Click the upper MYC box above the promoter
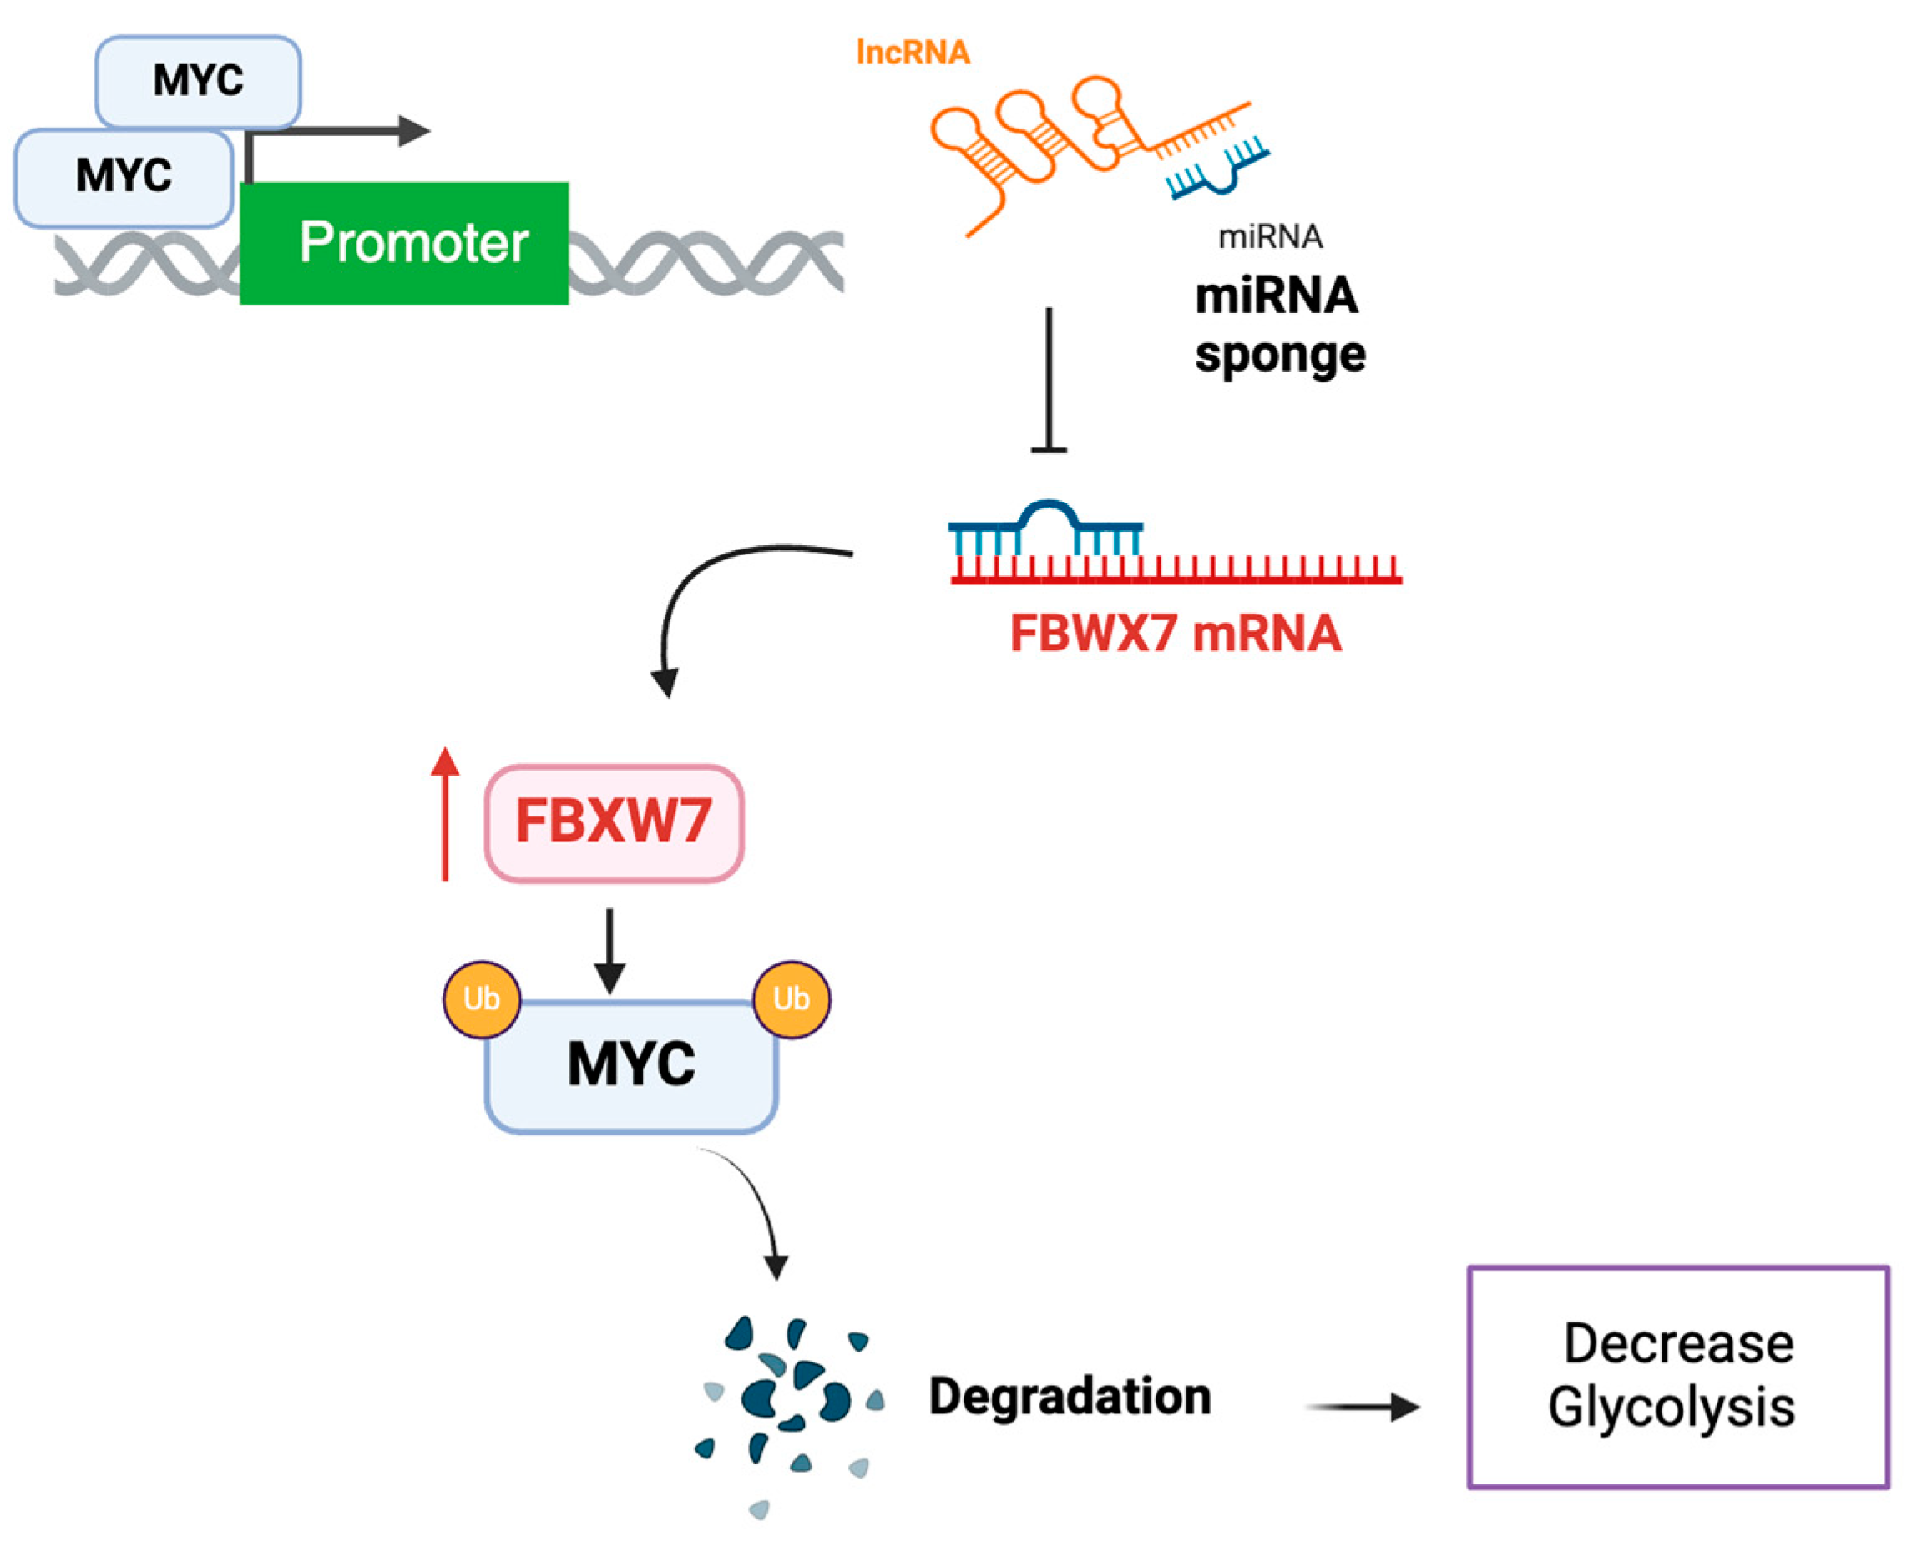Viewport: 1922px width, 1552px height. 198,80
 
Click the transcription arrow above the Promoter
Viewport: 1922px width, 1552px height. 357,131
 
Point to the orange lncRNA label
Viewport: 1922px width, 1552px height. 913,53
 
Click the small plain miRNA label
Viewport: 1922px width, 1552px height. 1270,237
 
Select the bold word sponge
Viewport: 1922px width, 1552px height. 1279,355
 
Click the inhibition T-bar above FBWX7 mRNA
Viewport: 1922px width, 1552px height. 1049,384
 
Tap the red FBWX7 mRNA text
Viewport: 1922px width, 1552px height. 1175,634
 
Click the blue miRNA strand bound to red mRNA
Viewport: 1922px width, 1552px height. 1046,523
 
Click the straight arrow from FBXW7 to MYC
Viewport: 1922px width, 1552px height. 609,952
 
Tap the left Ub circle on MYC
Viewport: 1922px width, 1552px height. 482,998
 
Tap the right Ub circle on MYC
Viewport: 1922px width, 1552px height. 792,998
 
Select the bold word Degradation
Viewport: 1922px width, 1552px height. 1070,1397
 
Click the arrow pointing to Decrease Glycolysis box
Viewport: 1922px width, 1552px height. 1363,1408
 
